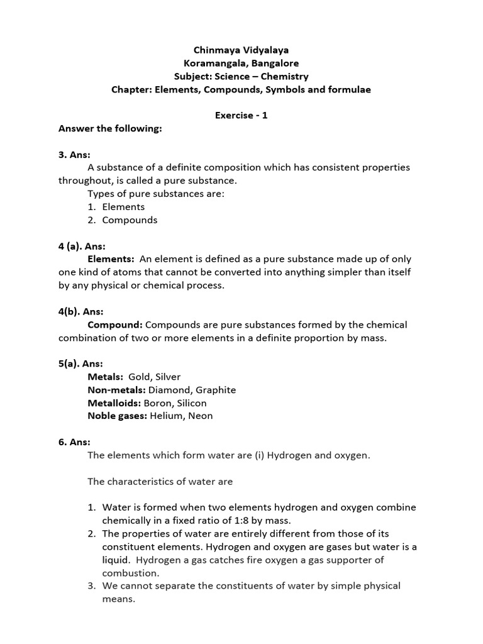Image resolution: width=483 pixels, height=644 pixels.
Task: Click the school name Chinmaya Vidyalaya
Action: click(241, 50)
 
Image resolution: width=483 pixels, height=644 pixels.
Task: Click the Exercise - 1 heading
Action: click(241, 116)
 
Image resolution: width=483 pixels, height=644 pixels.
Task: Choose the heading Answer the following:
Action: click(110, 128)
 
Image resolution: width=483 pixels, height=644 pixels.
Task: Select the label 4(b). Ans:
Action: click(81, 311)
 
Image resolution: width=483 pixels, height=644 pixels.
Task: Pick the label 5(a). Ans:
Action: click(81, 364)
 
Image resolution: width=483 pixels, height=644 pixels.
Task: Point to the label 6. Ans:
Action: click(74, 442)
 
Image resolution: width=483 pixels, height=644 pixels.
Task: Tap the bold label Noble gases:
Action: click(117, 416)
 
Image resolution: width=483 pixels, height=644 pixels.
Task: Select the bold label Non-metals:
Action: click(116, 390)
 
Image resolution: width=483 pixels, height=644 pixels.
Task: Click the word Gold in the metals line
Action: click(140, 377)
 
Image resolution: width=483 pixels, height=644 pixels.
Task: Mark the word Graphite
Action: click(215, 390)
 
